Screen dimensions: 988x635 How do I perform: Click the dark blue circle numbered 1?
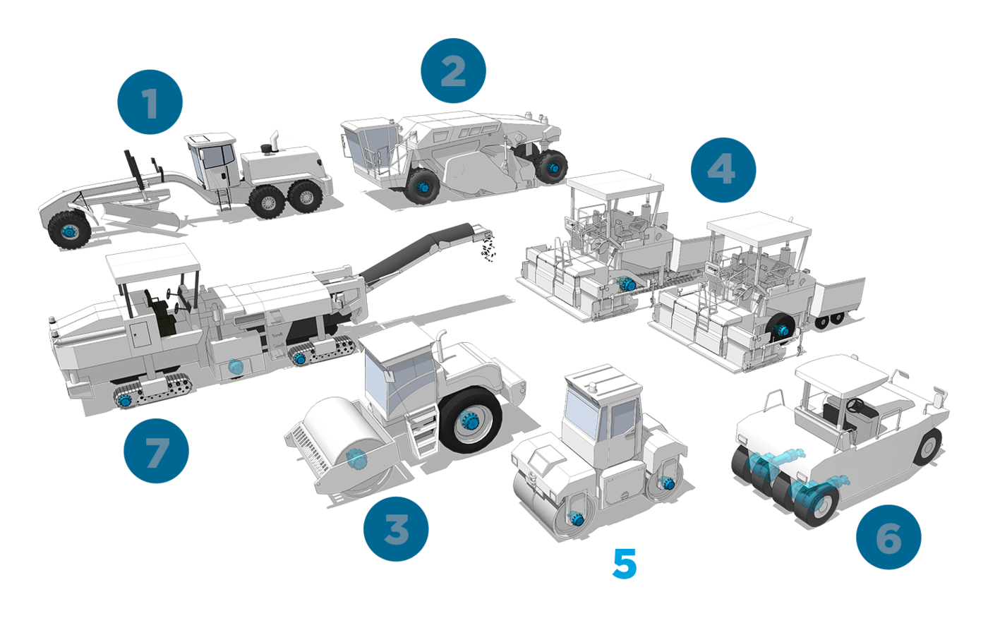(x=150, y=102)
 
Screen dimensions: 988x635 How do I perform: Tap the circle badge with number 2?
(x=453, y=71)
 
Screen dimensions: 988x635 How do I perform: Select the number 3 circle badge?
(x=396, y=528)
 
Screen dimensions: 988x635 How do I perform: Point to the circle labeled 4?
(x=723, y=170)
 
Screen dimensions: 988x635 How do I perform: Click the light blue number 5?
(x=625, y=563)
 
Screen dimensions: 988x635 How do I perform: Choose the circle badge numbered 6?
(x=888, y=537)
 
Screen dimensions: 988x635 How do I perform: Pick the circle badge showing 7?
(x=156, y=451)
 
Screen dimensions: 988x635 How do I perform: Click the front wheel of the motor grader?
(x=69, y=230)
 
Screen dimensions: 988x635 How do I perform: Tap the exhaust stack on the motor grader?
(x=274, y=142)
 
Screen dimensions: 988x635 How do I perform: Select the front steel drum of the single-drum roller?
(x=349, y=445)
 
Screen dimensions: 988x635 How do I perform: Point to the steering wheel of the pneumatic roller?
(x=855, y=404)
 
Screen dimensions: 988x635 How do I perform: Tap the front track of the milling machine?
(x=153, y=391)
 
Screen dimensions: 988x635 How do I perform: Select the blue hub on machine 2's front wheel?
(x=424, y=188)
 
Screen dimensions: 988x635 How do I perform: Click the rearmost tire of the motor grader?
(x=305, y=197)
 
